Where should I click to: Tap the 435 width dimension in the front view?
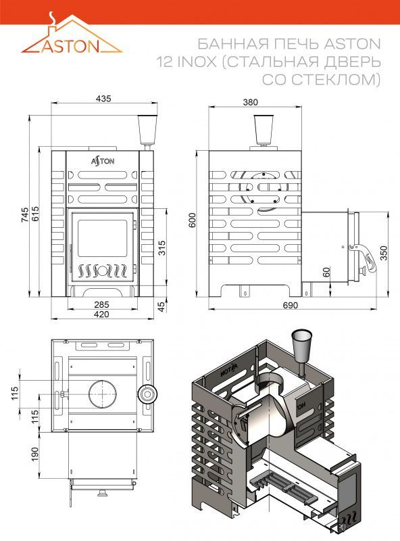tap(103, 99)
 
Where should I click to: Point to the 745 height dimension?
tap(25, 214)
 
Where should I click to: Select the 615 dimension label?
tap(36, 214)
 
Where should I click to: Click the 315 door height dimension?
tap(161, 248)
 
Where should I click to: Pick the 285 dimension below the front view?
tap(101, 305)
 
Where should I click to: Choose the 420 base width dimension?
tap(101, 314)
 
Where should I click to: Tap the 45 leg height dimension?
tap(161, 306)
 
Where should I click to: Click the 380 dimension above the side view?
tap(251, 102)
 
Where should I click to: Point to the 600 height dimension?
tap(192, 220)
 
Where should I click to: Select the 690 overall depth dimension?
tap(290, 306)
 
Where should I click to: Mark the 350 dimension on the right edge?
tap(384, 253)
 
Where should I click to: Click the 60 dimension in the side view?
tap(326, 272)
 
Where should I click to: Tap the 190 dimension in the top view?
tap(35, 454)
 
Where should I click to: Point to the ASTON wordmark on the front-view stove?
tap(103, 161)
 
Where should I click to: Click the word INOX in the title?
tap(197, 62)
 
